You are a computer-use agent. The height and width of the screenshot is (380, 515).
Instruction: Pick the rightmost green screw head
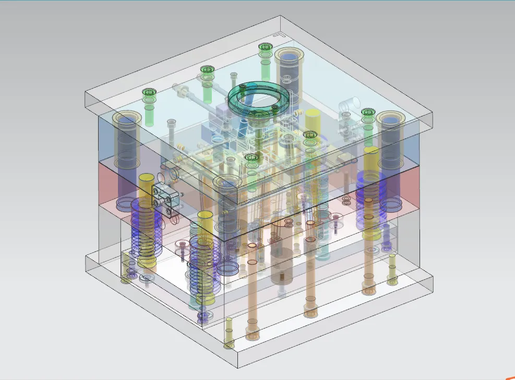[368, 112]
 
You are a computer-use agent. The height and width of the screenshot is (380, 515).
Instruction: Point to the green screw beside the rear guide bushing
[265, 47]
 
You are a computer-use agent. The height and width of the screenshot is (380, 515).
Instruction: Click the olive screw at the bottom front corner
[229, 344]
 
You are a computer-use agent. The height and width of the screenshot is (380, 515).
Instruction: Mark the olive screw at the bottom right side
[392, 280]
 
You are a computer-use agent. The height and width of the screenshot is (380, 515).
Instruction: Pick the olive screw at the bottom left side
[126, 279]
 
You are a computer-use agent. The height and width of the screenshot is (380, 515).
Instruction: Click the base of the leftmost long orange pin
[253, 334]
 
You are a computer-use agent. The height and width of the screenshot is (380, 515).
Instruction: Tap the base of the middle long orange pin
[310, 312]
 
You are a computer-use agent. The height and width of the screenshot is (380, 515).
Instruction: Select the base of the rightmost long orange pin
[368, 287]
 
